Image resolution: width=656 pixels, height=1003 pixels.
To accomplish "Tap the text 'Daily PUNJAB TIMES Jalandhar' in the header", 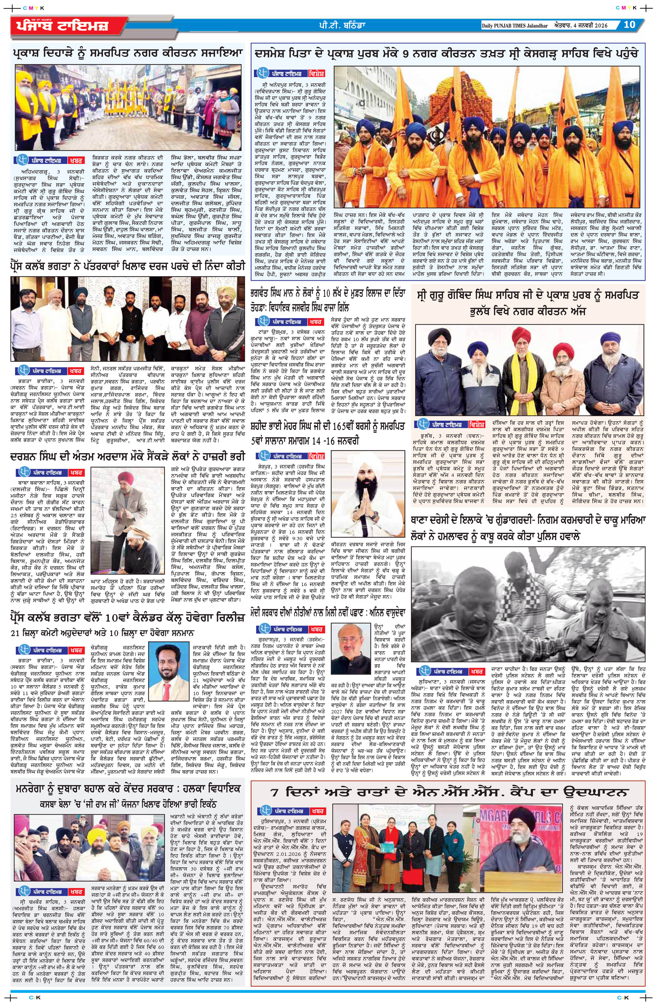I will point(514,25).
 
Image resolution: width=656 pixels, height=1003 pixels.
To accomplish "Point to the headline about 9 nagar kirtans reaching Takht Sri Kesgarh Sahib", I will point(446,54).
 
